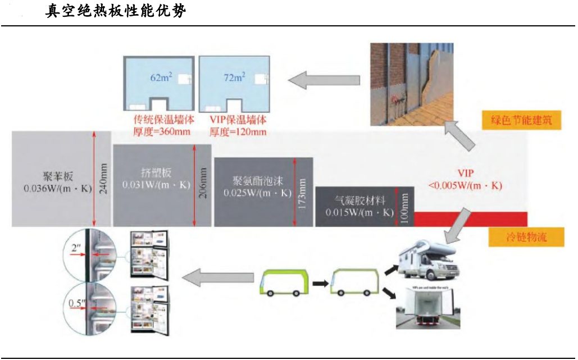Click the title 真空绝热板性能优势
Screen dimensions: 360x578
click(x=115, y=11)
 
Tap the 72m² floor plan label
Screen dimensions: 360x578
click(x=234, y=78)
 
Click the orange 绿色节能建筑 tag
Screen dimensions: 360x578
click(x=521, y=120)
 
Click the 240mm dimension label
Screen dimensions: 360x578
click(x=103, y=179)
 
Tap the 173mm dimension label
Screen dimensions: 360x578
click(x=303, y=194)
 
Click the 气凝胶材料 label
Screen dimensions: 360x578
click(x=359, y=201)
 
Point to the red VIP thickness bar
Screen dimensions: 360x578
click(x=471, y=219)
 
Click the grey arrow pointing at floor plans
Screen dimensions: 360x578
click(x=324, y=80)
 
